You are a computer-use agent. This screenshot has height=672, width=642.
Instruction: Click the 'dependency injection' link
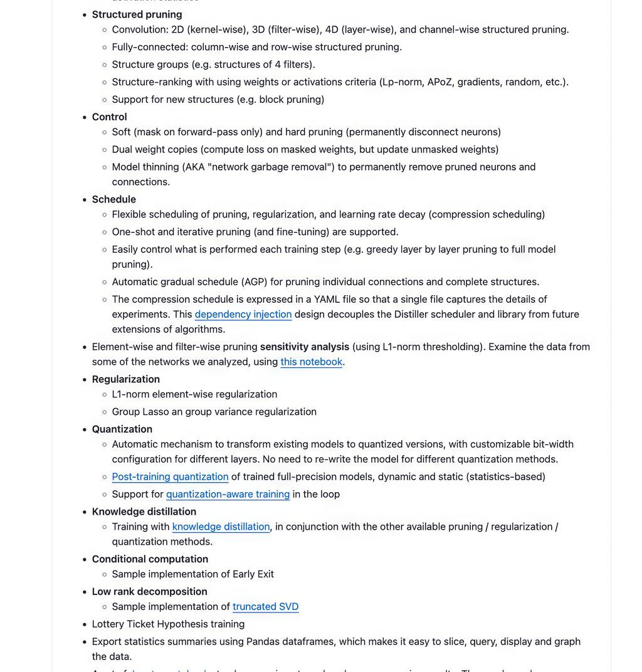243,314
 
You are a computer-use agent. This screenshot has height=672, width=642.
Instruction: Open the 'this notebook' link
311,362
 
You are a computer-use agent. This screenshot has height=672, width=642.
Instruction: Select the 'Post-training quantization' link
170,476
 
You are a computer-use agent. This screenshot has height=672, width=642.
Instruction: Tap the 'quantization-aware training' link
228,494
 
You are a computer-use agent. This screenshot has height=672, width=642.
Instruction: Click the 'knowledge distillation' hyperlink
221,527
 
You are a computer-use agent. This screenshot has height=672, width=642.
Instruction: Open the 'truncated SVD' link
265,606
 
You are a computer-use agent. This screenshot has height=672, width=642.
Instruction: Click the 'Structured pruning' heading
137,14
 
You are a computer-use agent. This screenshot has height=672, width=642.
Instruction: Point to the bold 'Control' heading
109,117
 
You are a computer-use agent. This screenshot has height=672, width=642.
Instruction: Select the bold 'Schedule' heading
113,199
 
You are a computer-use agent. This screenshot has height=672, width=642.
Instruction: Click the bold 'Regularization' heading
125,379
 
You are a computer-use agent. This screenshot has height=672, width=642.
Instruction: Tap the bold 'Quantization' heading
122,429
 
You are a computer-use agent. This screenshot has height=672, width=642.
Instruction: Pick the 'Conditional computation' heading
150,559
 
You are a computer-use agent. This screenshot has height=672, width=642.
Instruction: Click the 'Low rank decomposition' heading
149,592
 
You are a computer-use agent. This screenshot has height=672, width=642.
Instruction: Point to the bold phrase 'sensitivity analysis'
305,347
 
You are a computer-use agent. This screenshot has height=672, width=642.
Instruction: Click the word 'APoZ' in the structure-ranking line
441,81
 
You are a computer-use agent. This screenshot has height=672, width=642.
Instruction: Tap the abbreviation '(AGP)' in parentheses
258,281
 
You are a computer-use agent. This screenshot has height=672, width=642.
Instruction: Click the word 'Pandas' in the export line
263,641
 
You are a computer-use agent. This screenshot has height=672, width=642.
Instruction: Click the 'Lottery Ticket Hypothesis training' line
168,624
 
